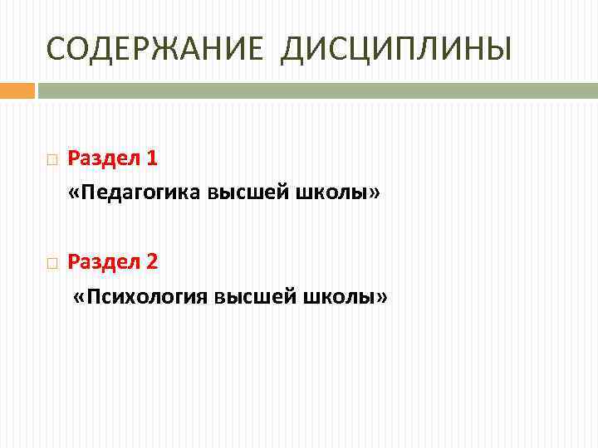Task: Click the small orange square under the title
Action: coord(17,90)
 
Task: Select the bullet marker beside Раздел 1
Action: coord(51,159)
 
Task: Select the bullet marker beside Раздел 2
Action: coord(51,264)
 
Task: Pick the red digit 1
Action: coord(151,158)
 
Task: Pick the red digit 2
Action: coord(151,262)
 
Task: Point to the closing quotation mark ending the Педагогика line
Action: coord(375,194)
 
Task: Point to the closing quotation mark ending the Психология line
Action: coord(381,299)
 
